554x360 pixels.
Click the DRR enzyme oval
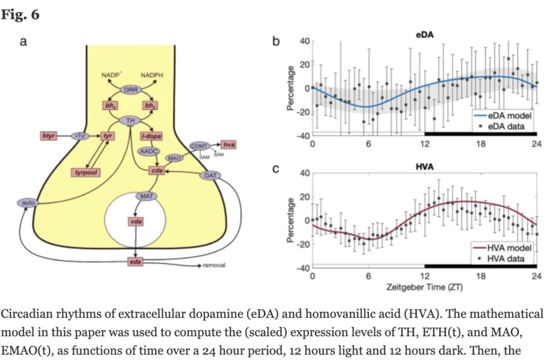(130, 89)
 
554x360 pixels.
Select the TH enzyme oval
(130, 120)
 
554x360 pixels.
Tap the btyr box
(49, 135)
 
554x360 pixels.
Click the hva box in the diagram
(229, 144)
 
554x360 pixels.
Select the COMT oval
(199, 146)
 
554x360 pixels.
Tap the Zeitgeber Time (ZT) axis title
(425, 286)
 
